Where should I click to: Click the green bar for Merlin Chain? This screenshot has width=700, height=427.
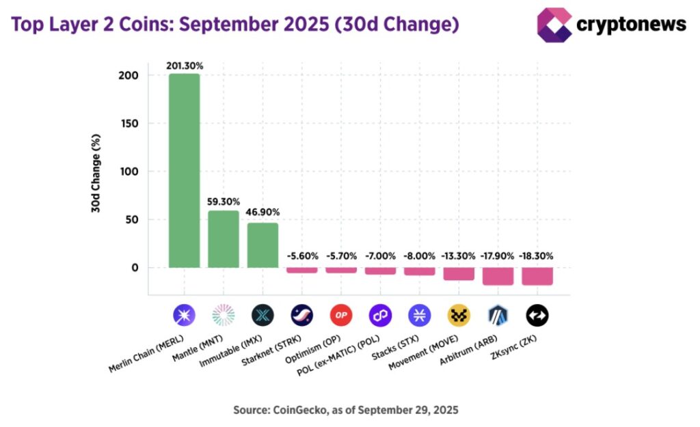184,171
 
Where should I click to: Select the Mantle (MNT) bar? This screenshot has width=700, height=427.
224,239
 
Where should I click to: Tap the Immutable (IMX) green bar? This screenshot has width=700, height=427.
262,245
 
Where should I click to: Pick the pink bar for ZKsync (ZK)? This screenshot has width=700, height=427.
537,276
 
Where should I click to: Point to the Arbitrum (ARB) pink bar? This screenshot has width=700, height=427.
498,276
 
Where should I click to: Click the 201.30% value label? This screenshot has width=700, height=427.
184,66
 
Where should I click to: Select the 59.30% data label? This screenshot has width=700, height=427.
224,202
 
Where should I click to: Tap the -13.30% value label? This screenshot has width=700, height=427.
458,256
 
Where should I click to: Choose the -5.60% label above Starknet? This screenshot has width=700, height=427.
301,256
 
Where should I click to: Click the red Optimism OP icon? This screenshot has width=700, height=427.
341,315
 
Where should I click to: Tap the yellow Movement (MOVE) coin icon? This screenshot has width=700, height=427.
459,315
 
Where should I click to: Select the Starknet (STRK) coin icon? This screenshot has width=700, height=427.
301,315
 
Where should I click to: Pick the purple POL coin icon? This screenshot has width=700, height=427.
380,315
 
